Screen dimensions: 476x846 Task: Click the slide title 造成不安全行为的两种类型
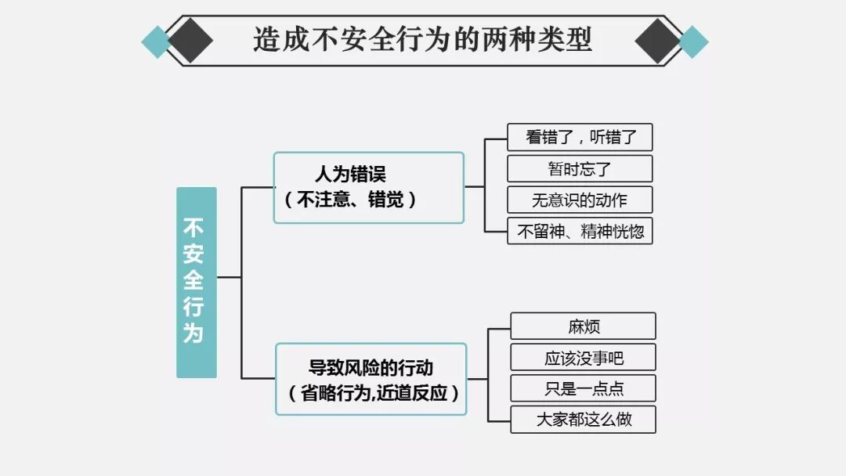tap(423, 39)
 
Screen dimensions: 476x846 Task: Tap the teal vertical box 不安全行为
tap(196, 282)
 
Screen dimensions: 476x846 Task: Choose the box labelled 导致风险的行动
tap(371, 379)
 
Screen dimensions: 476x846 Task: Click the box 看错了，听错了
tap(580, 138)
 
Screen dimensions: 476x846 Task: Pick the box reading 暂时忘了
tap(580, 168)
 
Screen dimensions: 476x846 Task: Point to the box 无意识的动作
tap(580, 200)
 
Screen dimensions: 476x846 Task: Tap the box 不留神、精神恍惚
tap(580, 231)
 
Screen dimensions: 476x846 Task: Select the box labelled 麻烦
tap(584, 326)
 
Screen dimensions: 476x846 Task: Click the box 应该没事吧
tap(584, 358)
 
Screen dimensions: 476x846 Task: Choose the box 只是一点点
tap(584, 388)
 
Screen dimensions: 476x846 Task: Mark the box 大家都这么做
tap(584, 420)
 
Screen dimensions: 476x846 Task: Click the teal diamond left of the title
tap(156, 41)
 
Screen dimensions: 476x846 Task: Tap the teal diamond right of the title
tap(692, 41)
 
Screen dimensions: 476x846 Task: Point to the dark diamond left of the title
tap(190, 40)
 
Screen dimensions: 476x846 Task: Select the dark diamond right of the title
tap(658, 40)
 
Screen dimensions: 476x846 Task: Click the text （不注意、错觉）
tap(350, 200)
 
